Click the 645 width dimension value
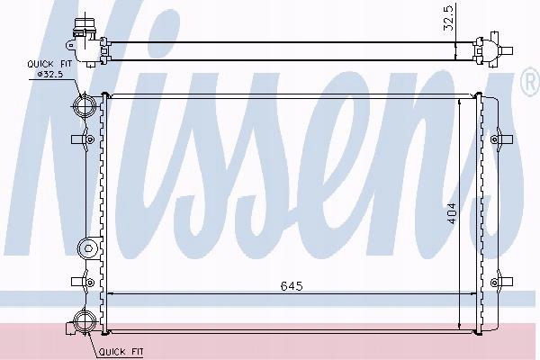point(292,286)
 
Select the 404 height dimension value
point(452,213)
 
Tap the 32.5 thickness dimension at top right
point(449,21)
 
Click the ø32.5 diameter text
point(50,74)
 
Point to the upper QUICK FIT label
point(49,64)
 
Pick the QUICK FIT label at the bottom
point(121,352)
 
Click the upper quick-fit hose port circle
point(84,106)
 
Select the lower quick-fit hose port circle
point(85,321)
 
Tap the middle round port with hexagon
point(88,248)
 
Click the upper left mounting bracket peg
point(83,139)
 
